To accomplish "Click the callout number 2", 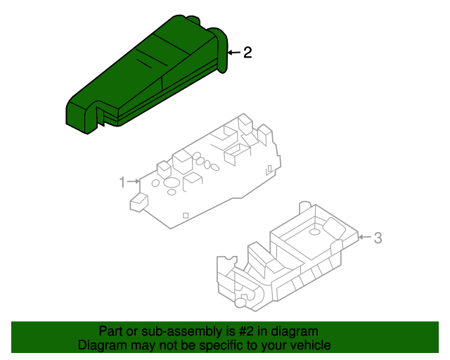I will pyautogui.click(x=247, y=52).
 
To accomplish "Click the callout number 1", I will pyautogui.click(x=122, y=182).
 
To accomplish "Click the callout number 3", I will pyautogui.click(x=378, y=238).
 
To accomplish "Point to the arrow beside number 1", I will pyautogui.click(x=134, y=182).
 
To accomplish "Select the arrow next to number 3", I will pyautogui.click(x=364, y=238).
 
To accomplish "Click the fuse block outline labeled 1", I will pyautogui.click(x=211, y=176).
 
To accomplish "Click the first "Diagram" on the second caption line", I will pyautogui.click(x=101, y=346).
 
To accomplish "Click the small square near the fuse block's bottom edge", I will pyautogui.click(x=185, y=215).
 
